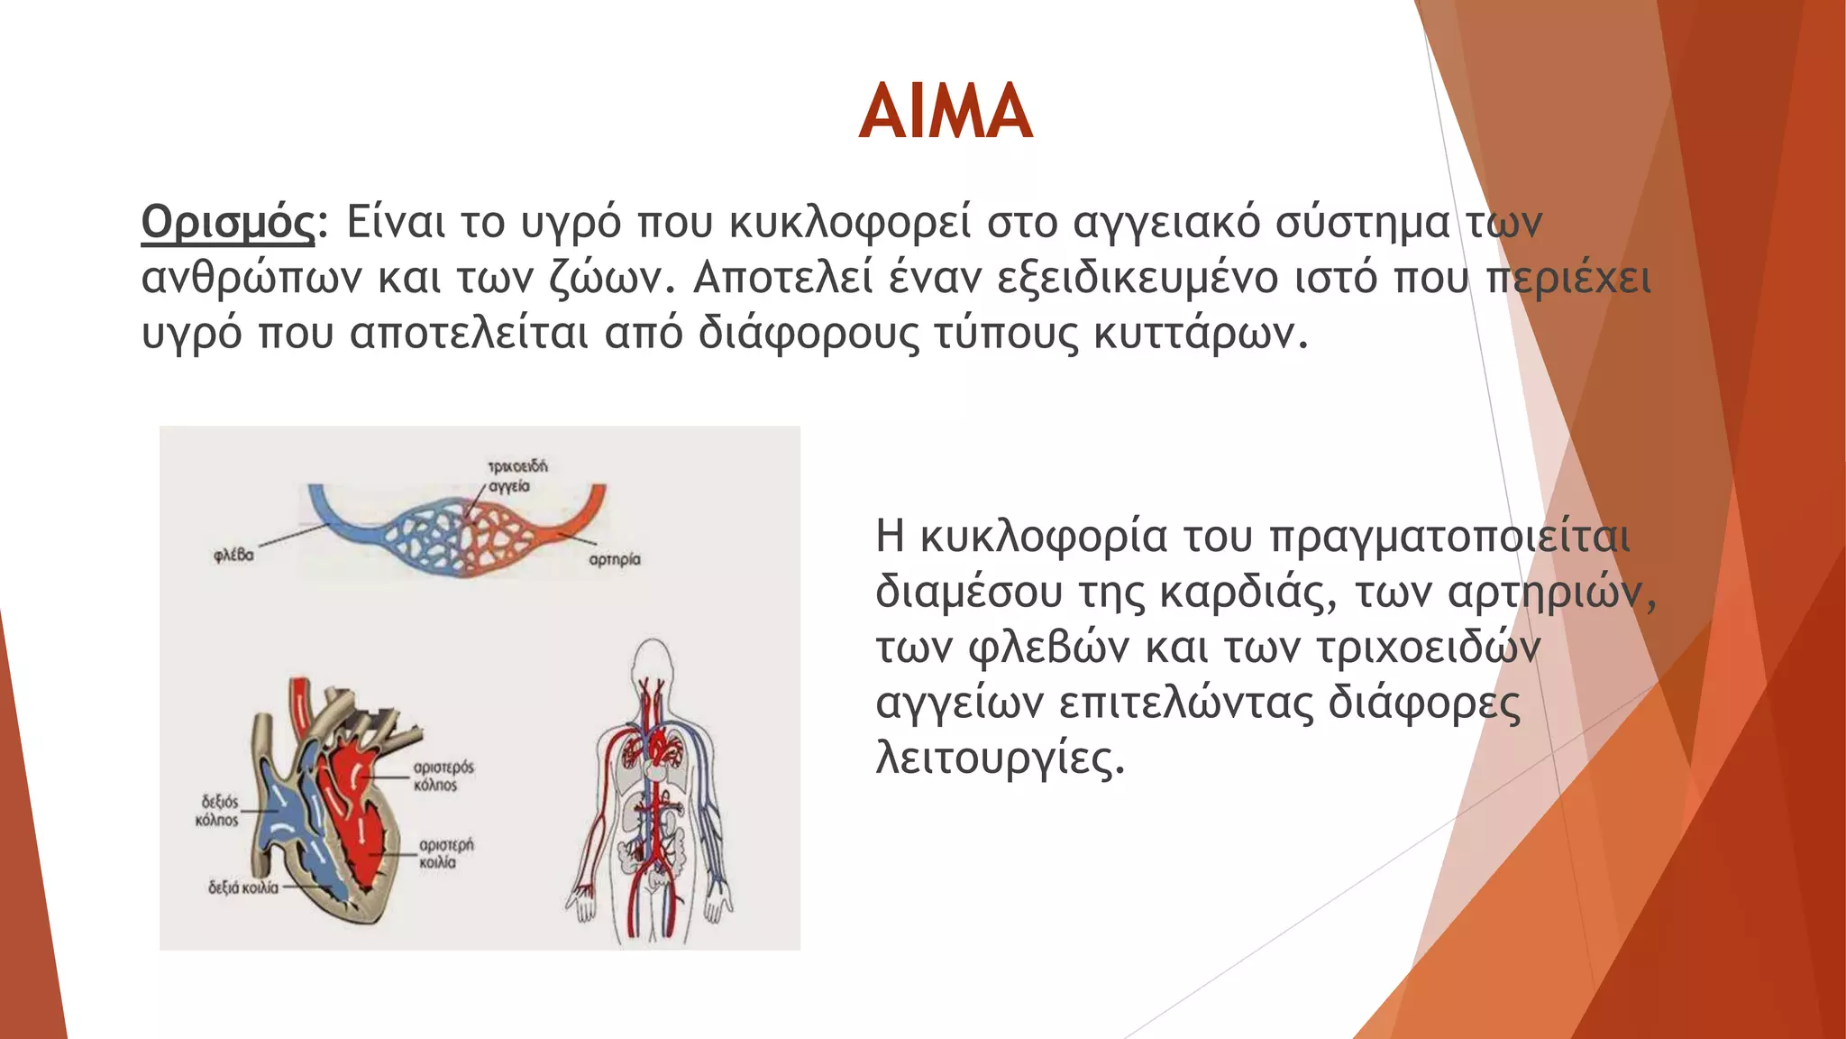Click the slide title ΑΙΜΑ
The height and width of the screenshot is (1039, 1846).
945,112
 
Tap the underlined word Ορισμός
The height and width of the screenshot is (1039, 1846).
227,222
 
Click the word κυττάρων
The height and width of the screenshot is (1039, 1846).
1199,334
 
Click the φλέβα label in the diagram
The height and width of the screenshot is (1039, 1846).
233,555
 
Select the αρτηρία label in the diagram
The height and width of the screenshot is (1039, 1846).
615,559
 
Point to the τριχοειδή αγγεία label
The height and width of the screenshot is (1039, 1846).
516,476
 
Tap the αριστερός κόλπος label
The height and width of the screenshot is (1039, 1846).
443,776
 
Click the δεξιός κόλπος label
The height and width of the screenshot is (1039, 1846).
218,810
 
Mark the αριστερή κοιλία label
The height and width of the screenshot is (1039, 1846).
445,853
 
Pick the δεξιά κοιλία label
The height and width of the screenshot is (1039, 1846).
243,887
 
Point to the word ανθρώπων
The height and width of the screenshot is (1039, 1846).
251,280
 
